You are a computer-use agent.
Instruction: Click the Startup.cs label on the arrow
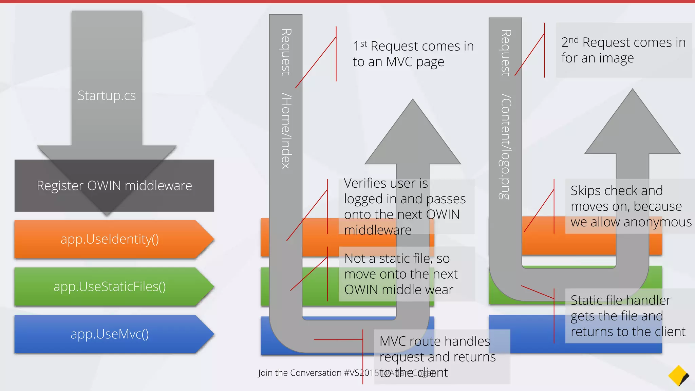(107, 96)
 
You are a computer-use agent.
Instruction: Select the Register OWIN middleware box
(114, 186)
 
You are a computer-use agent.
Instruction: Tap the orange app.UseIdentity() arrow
(110, 239)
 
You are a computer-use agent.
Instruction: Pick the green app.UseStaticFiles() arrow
(110, 287)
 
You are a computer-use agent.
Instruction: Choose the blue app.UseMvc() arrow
(110, 334)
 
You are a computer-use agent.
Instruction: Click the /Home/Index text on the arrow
(286, 131)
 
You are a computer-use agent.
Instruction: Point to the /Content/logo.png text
(506, 147)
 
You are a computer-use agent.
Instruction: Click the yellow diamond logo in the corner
(678, 376)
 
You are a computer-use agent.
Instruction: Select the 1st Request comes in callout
(413, 54)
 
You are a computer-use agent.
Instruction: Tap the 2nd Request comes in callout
(623, 50)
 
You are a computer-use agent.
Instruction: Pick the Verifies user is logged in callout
(405, 206)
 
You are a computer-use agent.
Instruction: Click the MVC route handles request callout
(437, 356)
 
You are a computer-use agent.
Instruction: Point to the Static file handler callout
(628, 316)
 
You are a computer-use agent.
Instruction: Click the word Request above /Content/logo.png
(506, 53)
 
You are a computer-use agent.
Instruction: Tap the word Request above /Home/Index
(286, 52)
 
